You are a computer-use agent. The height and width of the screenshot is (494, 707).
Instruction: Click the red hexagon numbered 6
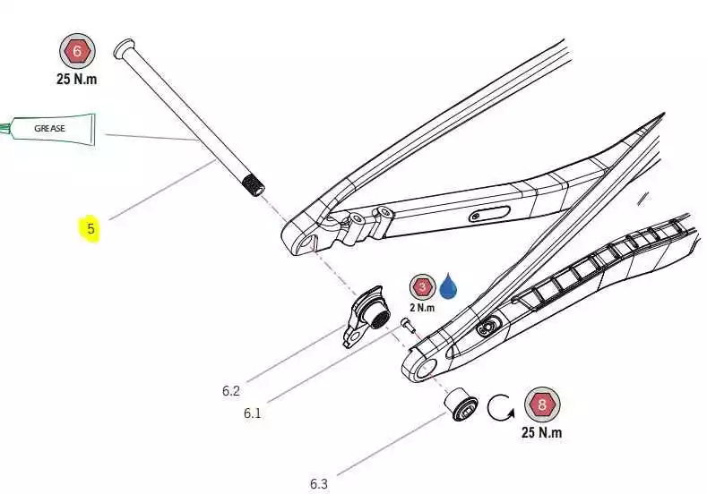click(77, 51)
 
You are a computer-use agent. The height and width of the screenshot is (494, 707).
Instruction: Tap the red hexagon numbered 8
click(542, 405)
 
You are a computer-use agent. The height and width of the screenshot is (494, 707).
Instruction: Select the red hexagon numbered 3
click(422, 287)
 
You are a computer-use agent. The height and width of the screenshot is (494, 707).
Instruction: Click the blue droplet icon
click(447, 286)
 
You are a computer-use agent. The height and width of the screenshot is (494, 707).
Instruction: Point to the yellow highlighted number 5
click(90, 229)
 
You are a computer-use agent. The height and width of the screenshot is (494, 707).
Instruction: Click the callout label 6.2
click(231, 390)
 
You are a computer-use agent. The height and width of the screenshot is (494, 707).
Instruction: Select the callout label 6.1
click(253, 413)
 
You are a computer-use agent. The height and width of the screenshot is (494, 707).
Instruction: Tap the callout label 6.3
click(319, 484)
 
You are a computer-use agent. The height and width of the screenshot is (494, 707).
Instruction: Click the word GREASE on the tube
click(50, 128)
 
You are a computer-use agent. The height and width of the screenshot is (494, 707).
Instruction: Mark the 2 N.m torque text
click(422, 308)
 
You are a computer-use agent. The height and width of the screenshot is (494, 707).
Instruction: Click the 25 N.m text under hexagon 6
click(76, 79)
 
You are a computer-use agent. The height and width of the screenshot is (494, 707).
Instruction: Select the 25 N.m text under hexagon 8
click(541, 433)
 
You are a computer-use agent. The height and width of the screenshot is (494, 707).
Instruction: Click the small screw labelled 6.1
click(406, 325)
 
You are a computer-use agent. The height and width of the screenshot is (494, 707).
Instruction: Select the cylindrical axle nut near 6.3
click(461, 403)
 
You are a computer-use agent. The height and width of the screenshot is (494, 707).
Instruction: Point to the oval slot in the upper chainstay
click(488, 214)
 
